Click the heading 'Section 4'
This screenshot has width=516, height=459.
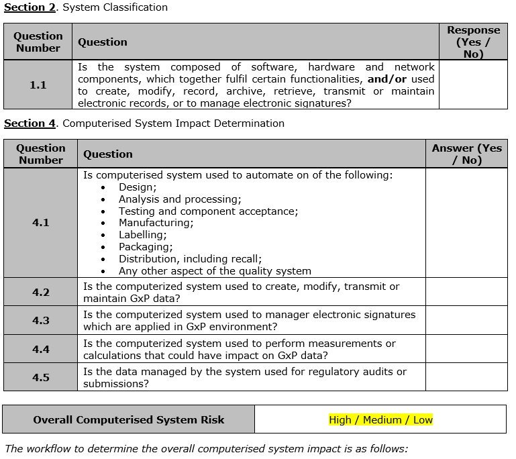tap(30, 123)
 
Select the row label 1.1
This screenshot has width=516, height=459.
tap(38, 85)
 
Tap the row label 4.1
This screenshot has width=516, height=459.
tap(40, 223)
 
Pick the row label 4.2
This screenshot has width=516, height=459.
tap(40, 293)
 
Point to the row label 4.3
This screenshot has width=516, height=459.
tap(40, 321)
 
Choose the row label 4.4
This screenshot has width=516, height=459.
tap(40, 349)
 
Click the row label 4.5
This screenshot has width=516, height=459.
tap(40, 377)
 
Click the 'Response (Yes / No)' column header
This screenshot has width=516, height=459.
tap(473, 42)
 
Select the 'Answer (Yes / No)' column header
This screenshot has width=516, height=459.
tap(466, 154)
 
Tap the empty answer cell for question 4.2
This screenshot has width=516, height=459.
tap(466, 292)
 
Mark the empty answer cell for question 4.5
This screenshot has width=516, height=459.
tap(466, 377)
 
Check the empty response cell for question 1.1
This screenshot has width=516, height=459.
tap(473, 85)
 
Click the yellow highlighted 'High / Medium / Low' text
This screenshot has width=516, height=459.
tap(380, 420)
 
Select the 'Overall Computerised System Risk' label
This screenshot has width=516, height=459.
tap(129, 420)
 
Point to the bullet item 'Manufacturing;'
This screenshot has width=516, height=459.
tap(156, 223)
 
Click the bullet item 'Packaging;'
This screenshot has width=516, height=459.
tap(146, 247)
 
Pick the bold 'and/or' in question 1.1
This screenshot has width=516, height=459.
tap(387, 79)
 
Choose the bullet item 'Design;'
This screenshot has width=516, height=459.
tap(137, 187)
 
